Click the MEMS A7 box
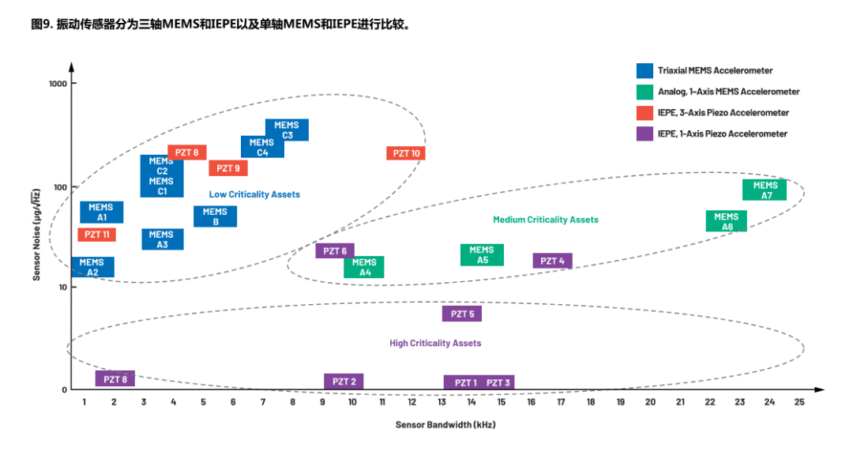[765, 190]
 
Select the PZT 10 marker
[406, 153]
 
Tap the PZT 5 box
[462, 314]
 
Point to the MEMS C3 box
[287, 130]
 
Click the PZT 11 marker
[97, 235]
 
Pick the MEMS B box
[215, 216]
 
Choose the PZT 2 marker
[344, 382]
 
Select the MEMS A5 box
[482, 255]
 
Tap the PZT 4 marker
[552, 261]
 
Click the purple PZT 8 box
[115, 379]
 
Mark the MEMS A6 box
[727, 221]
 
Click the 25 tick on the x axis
[799, 402]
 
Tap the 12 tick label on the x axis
[411, 402]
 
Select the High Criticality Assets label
[435, 344]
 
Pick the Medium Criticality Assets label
[546, 220]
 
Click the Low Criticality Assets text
[254, 194]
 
